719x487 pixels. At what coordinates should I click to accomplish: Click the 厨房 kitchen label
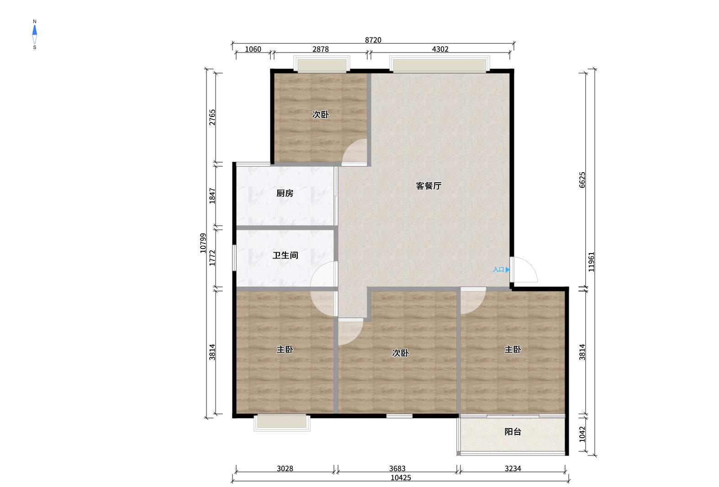285,193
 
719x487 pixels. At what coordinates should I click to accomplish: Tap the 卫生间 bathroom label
285,255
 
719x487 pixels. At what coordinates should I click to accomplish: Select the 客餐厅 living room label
428,185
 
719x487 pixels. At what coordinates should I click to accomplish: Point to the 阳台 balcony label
513,432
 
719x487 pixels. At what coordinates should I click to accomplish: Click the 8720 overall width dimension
373,40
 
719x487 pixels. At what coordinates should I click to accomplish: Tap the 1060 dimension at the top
253,49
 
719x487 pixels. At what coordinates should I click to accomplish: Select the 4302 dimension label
440,49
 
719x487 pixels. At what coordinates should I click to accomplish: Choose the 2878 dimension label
321,49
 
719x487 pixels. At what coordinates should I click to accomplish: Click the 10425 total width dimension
401,478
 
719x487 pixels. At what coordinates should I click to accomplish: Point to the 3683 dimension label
397,468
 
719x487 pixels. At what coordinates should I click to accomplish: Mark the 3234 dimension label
513,468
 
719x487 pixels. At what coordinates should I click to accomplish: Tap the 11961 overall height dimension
591,262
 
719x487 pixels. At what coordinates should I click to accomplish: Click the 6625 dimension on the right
582,180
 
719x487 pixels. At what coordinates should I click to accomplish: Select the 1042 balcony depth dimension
582,434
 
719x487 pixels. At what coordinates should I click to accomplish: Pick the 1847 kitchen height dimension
212,196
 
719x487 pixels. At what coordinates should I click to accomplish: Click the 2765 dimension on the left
212,117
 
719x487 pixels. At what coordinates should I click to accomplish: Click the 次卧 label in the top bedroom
320,115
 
